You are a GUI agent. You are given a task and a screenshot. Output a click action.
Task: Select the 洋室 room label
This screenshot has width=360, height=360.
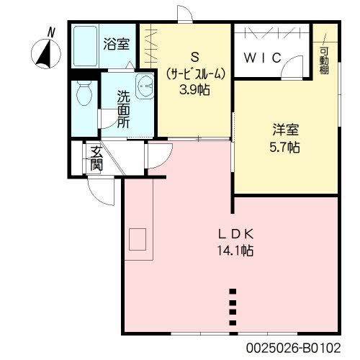[x=285, y=130]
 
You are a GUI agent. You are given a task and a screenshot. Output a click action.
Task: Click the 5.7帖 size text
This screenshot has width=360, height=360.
[x=285, y=147]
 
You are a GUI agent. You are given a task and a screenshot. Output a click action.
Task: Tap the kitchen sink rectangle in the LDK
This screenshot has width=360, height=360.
[x=137, y=239]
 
